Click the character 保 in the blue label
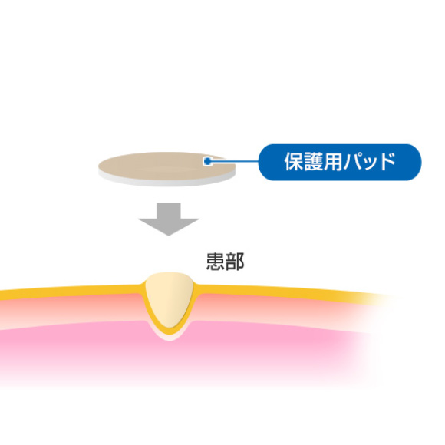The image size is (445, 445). pyautogui.click(x=295, y=162)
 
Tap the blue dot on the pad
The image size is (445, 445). pyautogui.click(x=208, y=161)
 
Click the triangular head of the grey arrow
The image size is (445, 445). pyautogui.click(x=169, y=226)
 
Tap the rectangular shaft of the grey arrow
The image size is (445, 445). pyautogui.click(x=169, y=211)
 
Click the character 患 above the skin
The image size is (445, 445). pyautogui.click(x=216, y=262)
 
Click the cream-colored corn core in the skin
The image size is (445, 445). pyautogui.click(x=169, y=298)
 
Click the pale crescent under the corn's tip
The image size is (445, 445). pyautogui.click(x=169, y=338)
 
